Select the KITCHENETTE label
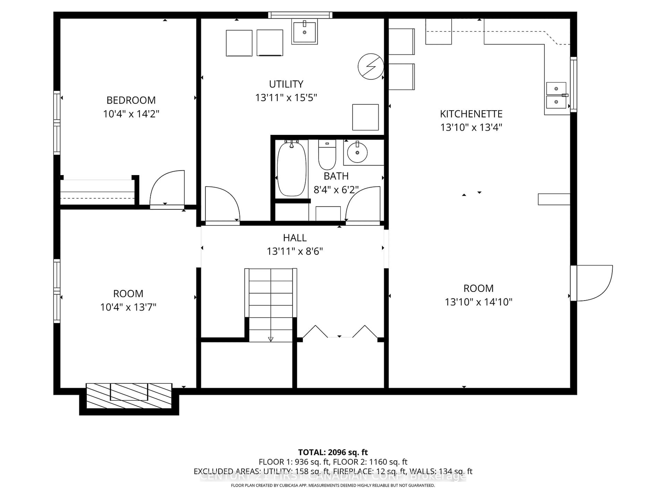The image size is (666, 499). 471,114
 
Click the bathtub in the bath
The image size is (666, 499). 291,169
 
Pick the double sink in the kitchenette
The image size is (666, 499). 556,95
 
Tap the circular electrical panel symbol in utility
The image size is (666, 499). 371,67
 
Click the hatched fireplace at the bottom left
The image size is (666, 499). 129,396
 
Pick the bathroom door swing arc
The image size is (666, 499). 363,204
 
